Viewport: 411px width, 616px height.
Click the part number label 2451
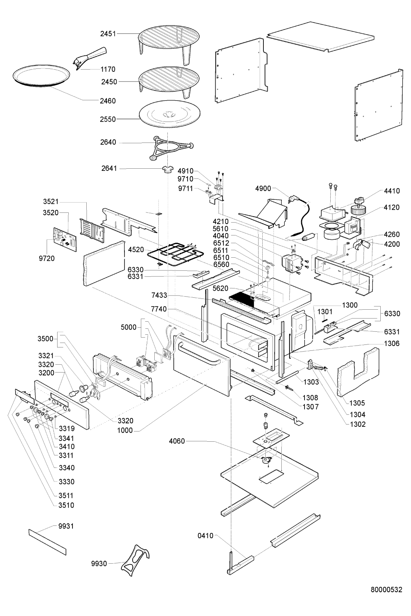point(108,34)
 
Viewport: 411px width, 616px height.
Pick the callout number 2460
point(108,101)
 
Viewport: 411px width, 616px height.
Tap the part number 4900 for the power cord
point(263,189)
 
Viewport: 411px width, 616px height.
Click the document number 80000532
point(386,590)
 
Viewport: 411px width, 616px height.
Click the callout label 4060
point(177,441)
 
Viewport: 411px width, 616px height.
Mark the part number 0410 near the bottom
point(205,536)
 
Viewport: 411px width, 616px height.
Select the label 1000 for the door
point(125,430)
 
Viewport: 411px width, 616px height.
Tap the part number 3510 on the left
point(66,505)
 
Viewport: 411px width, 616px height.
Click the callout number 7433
point(159,295)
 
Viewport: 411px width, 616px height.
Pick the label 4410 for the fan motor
point(392,191)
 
